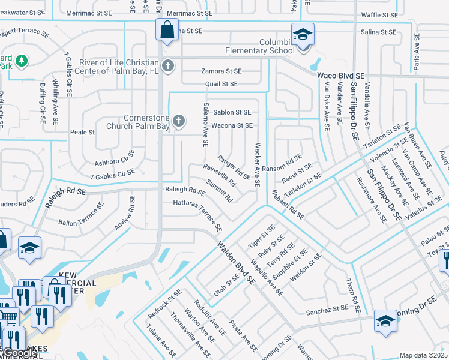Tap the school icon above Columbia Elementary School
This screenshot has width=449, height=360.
coord(303,34)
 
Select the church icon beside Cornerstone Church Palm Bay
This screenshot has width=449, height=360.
coord(178,122)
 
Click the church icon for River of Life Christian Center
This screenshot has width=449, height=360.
coord(169,66)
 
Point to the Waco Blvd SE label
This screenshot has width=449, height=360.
coord(341,76)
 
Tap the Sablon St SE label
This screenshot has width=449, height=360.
coord(232,112)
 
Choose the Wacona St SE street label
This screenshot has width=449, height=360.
coord(232,125)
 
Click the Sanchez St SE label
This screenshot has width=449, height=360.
coord(327,310)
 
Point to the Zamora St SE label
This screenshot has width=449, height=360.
coord(220,71)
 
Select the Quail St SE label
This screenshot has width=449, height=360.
coord(221,85)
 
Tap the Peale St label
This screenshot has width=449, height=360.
coord(83,132)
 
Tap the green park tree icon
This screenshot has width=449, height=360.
coord(22,61)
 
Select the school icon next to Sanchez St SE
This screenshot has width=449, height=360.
coord(385,320)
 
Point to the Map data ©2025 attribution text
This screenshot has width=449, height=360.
coord(423,355)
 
